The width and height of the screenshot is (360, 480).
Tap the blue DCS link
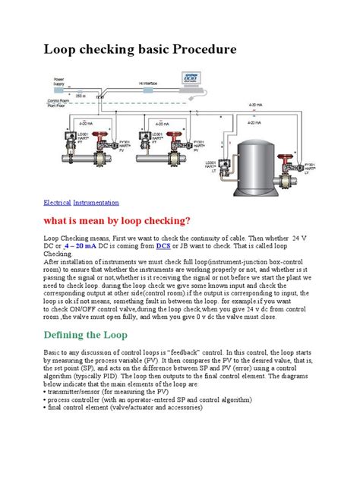point(163,247)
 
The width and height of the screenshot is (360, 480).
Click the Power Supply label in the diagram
point(61,82)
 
